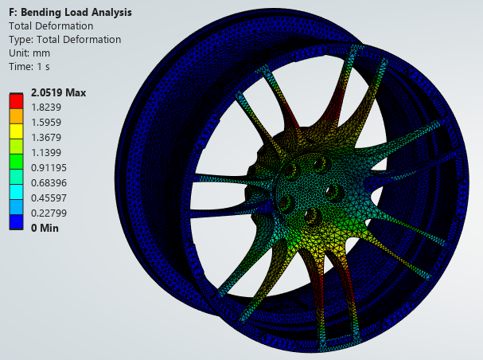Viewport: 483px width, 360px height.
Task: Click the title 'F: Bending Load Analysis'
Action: [x=70, y=12]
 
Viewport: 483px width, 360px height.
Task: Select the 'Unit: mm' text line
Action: [x=29, y=53]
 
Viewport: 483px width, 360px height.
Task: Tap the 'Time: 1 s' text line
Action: [x=29, y=67]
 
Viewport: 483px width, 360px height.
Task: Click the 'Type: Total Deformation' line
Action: [x=64, y=40]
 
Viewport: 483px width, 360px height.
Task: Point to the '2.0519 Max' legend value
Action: [x=59, y=92]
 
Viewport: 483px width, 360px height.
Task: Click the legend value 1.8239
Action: [x=46, y=108]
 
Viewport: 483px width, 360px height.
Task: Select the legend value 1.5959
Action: [x=46, y=123]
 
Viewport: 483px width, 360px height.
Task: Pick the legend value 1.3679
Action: [x=46, y=138]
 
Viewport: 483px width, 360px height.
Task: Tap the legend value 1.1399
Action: [x=46, y=153]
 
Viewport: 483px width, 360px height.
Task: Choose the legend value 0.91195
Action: [x=49, y=168]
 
